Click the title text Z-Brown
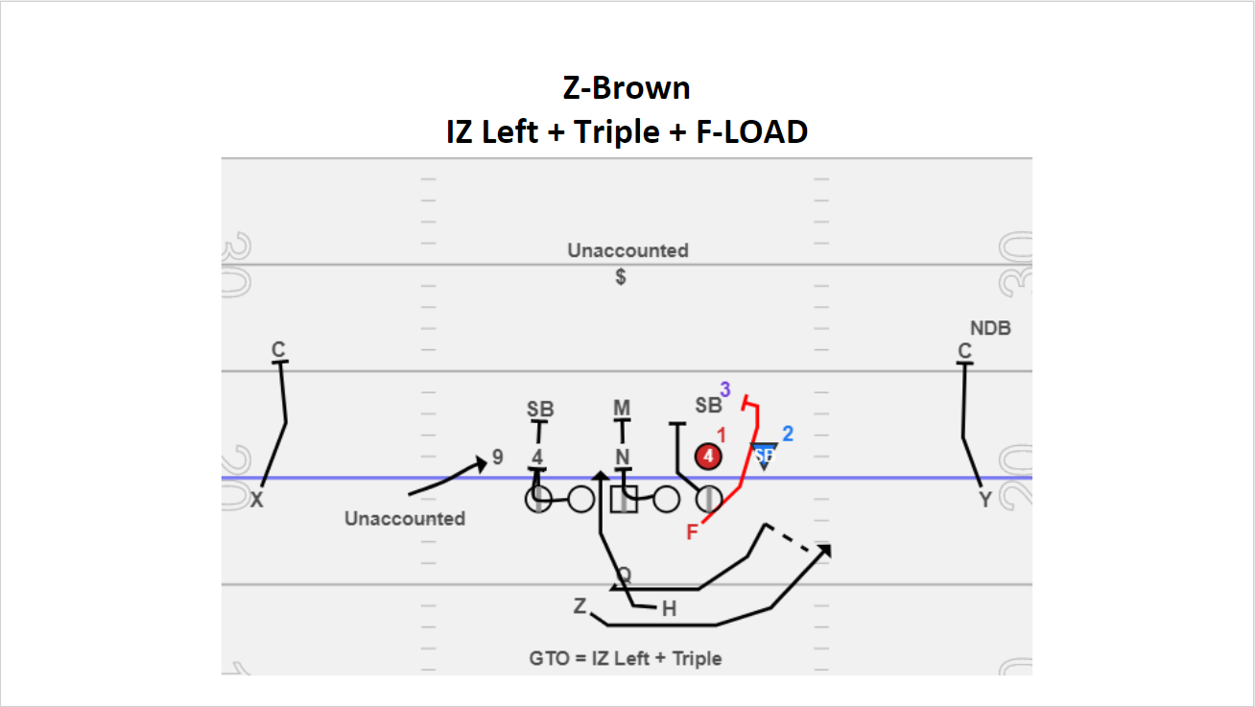[627, 88]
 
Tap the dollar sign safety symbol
[622, 277]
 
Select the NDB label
[990, 328]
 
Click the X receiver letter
[257, 500]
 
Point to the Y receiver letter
[984, 500]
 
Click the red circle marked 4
[708, 457]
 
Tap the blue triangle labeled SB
[764, 454]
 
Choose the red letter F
[692, 532]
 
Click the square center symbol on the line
[624, 499]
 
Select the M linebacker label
[622, 409]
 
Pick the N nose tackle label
[622, 457]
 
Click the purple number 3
[725, 389]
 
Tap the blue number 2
[788, 434]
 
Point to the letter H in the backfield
[669, 608]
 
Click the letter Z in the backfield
[580, 606]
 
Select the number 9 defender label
[497, 458]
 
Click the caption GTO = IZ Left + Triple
[626, 658]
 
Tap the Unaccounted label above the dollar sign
[627, 251]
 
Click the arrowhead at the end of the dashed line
[824, 550]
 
